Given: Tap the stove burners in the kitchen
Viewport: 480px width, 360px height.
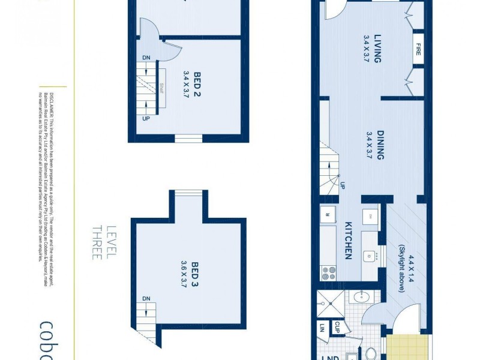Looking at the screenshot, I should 329,274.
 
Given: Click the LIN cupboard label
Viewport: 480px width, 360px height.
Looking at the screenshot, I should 322,329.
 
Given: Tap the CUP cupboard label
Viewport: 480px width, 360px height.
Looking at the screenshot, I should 337,328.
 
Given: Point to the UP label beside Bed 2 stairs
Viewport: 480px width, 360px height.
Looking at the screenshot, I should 146,118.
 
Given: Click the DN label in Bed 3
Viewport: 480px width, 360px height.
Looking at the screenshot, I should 146,298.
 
